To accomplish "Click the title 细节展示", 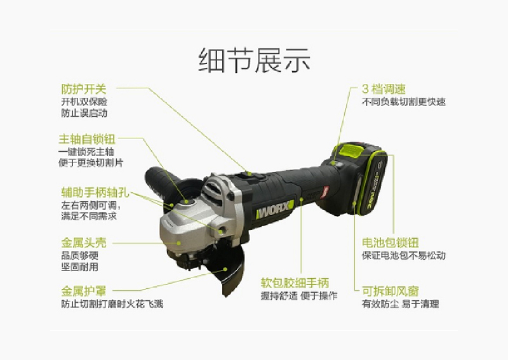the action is [x=255, y=60].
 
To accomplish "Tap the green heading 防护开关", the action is [x=84, y=89].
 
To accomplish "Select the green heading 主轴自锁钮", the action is [x=87, y=139].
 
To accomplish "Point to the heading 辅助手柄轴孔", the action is [x=95, y=192].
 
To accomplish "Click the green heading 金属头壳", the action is [x=84, y=243].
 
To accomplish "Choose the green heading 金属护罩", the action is [x=84, y=291].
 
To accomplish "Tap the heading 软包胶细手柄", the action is [x=295, y=283].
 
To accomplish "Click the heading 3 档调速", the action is [x=384, y=89].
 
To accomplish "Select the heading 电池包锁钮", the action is [x=391, y=243].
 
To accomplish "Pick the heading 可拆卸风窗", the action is [x=391, y=291].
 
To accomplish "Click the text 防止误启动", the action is [x=84, y=114].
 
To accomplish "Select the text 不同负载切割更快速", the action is [x=404, y=102].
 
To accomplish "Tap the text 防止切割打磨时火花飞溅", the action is [x=112, y=304].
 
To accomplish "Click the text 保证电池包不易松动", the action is [x=404, y=255].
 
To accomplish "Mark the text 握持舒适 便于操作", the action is [x=299, y=295].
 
